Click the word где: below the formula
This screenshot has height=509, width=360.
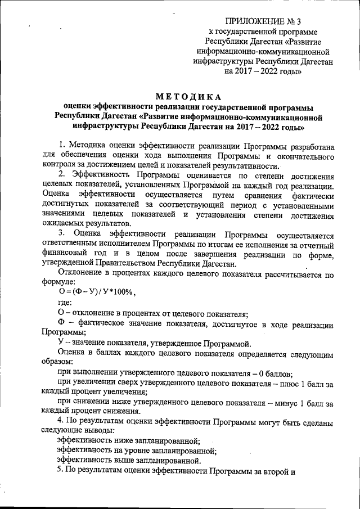(x=66, y=302)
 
